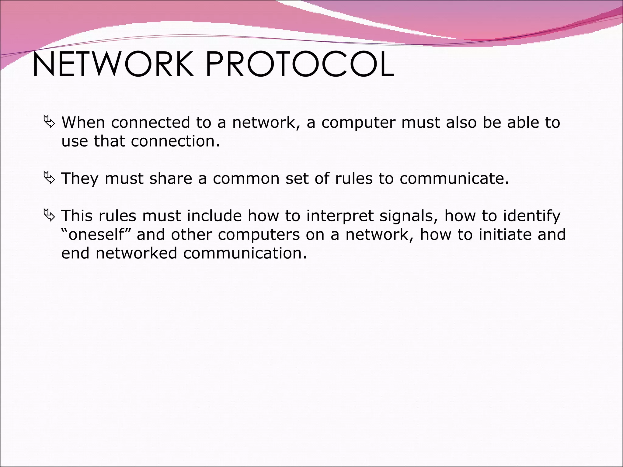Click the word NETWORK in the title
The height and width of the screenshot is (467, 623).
[x=113, y=64]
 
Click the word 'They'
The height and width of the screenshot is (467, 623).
[x=80, y=178]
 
